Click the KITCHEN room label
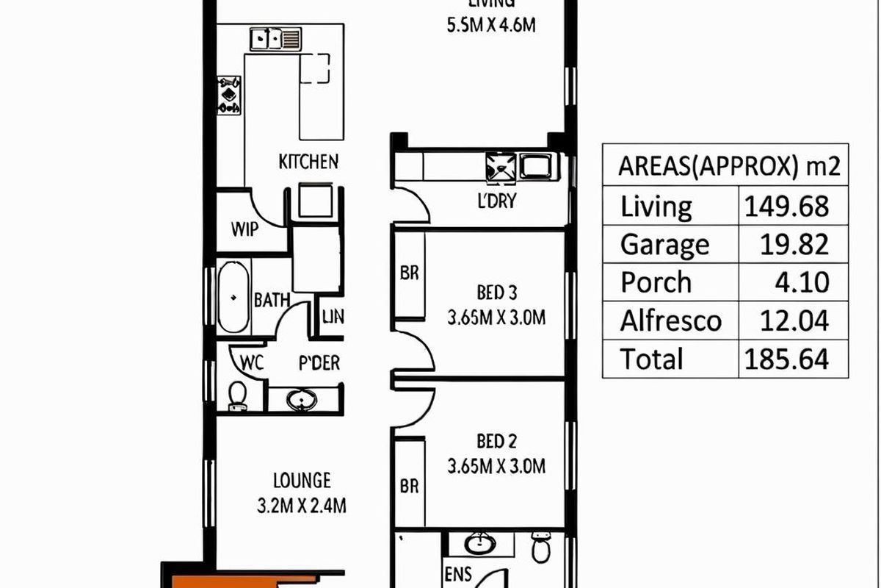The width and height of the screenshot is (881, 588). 308,162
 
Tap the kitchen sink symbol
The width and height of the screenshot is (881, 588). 275,38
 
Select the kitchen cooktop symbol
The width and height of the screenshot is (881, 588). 229,95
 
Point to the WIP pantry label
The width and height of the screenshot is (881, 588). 244,229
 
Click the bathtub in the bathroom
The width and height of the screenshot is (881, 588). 234,298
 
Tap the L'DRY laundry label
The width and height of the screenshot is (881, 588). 497,201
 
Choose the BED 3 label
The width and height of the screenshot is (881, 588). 497,293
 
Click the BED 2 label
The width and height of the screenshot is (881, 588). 497,441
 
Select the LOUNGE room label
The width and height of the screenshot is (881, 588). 302,481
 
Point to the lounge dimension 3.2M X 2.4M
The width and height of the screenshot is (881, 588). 302,506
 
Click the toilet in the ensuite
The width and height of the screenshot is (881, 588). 541,548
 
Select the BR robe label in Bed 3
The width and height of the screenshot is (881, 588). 409,272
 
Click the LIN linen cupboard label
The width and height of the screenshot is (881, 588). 333,318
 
